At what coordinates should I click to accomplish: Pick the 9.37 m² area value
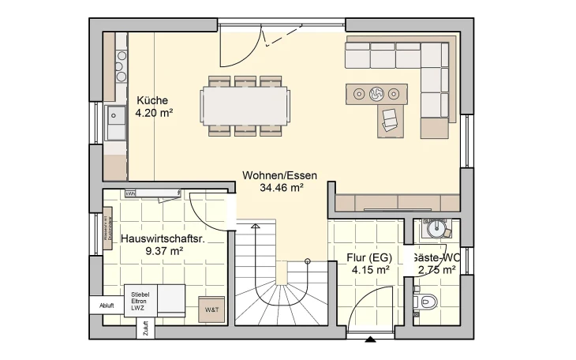click(164, 251)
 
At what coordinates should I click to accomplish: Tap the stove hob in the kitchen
click(121, 66)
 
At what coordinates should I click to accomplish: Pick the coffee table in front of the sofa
click(376, 94)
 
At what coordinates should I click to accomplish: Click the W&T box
click(212, 309)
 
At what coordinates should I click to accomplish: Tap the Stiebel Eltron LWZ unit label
click(140, 301)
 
